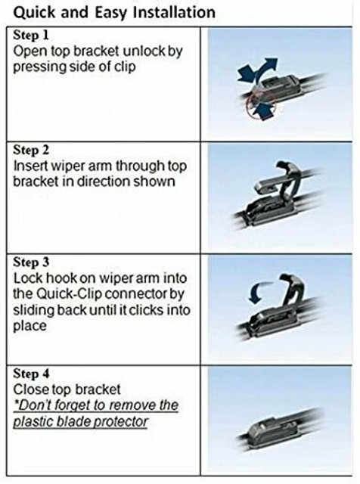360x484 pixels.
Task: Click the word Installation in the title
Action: point(173,13)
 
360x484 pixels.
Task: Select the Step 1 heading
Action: point(31,35)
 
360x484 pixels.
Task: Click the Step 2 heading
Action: point(31,150)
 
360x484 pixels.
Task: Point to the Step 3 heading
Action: point(31,262)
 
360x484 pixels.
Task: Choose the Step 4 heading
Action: point(31,374)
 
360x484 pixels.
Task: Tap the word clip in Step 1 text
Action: point(126,67)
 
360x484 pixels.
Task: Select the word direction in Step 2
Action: point(104,181)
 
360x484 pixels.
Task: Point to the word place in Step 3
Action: point(29,326)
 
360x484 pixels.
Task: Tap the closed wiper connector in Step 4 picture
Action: point(272,430)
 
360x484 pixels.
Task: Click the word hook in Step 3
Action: point(62,278)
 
